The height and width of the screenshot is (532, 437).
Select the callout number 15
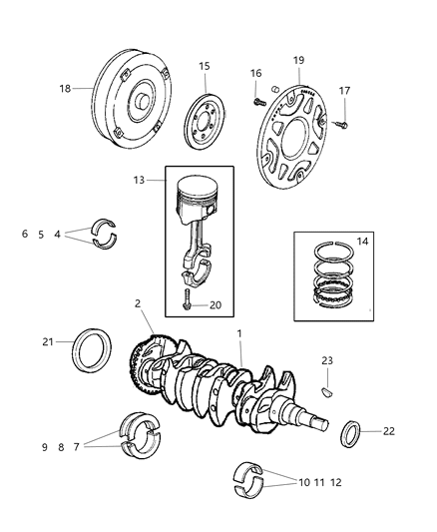204,67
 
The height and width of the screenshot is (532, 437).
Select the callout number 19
299,61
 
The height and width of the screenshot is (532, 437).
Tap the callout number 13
141,181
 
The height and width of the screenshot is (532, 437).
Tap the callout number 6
25,235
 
